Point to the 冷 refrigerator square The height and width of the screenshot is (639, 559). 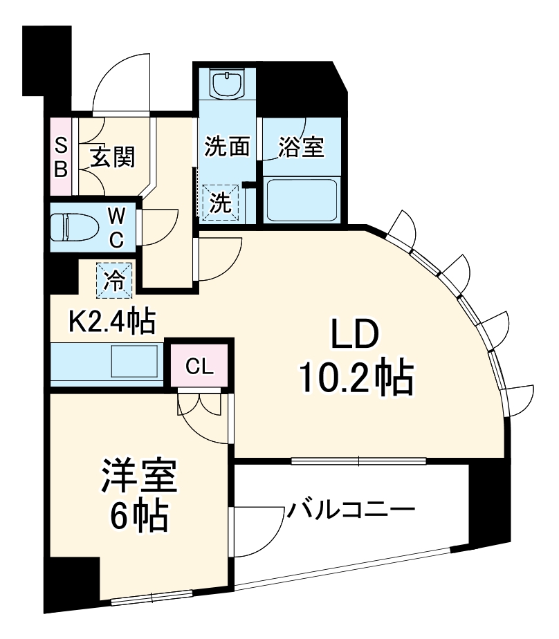pyautogui.click(x=114, y=281)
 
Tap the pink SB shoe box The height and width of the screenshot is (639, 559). pyautogui.click(x=61, y=157)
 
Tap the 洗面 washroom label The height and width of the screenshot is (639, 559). pyautogui.click(x=226, y=147)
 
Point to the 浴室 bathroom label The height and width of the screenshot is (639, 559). pyautogui.click(x=301, y=147)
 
